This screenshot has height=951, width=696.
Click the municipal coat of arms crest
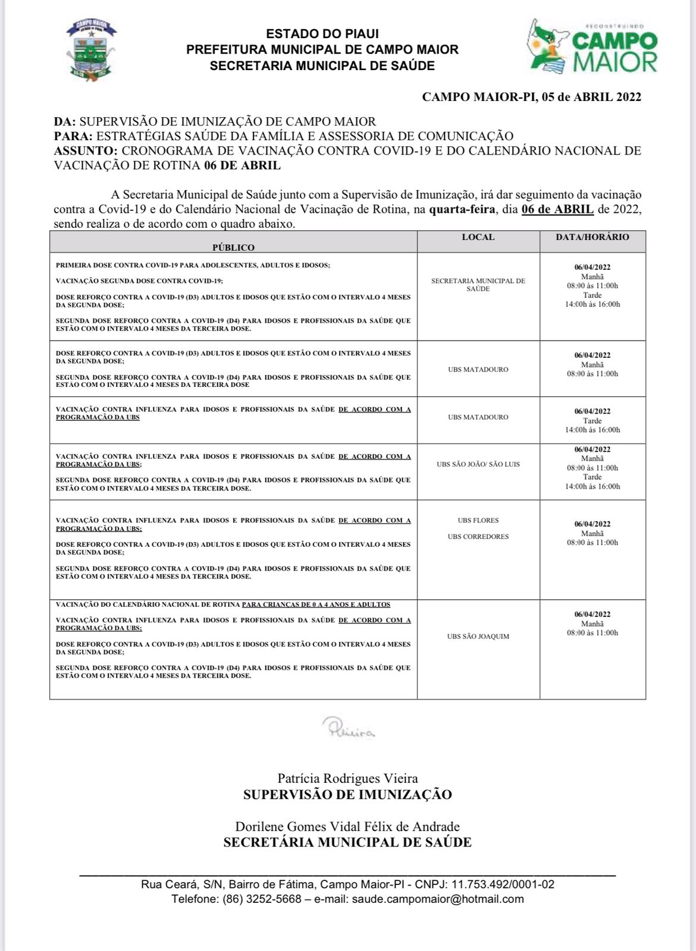pyautogui.click(x=90, y=50)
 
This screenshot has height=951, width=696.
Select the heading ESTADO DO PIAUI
pyautogui.click(x=322, y=34)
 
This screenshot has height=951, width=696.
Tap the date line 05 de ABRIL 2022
pyautogui.click(x=531, y=97)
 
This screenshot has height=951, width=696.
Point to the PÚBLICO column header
pyautogui.click(x=233, y=247)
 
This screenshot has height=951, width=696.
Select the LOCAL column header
pyautogui.click(x=478, y=237)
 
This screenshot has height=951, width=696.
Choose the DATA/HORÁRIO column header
pyautogui.click(x=592, y=237)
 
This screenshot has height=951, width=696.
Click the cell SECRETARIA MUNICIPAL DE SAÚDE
pyautogui.click(x=478, y=285)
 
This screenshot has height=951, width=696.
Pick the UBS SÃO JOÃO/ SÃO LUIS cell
pyautogui.click(x=478, y=464)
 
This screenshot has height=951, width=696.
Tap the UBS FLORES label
pyautogui.click(x=478, y=520)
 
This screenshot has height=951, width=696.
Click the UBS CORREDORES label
pyautogui.click(x=478, y=537)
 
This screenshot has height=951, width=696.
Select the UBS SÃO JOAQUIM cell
pyautogui.click(x=478, y=637)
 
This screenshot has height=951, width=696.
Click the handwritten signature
pyautogui.click(x=348, y=728)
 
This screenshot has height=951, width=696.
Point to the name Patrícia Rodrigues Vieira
pyautogui.click(x=347, y=779)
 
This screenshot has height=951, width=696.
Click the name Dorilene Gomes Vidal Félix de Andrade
pyautogui.click(x=347, y=827)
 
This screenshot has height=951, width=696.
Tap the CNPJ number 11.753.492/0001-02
pyautogui.click(x=503, y=884)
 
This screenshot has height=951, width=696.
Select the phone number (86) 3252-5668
pyautogui.click(x=262, y=899)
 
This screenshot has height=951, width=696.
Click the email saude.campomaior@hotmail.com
pyautogui.click(x=438, y=899)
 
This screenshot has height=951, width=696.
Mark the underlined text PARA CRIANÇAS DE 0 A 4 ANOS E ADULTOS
pyautogui.click(x=316, y=604)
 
